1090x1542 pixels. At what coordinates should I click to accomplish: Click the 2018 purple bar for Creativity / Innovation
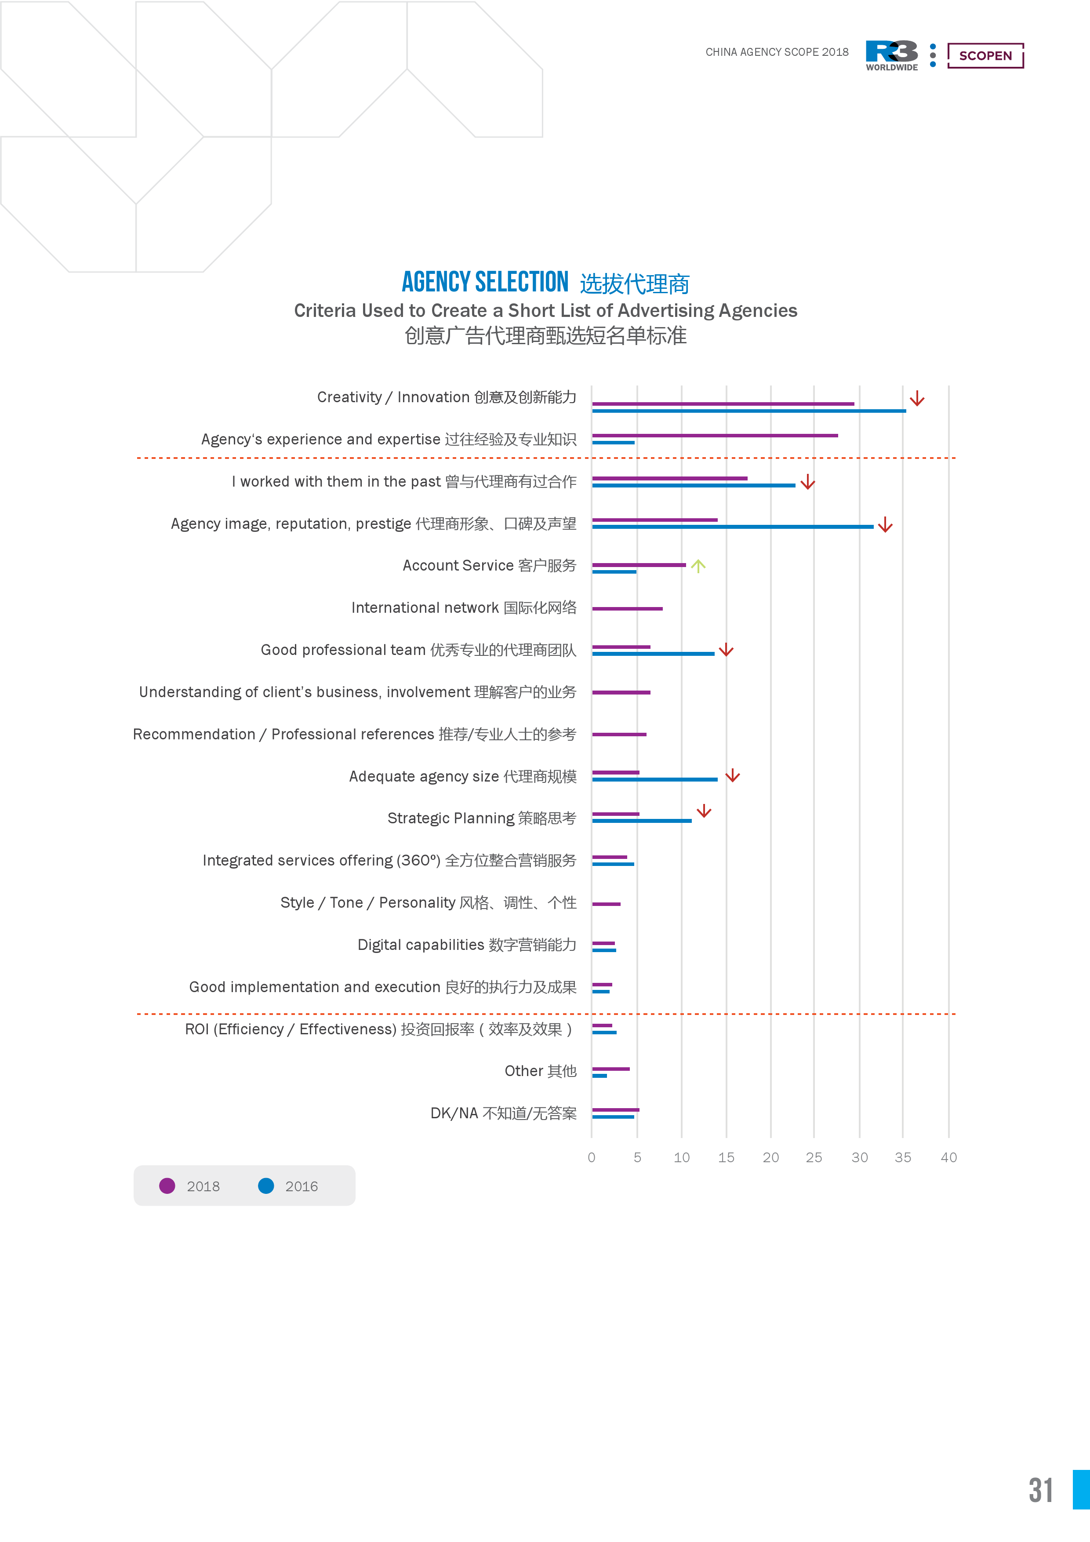tap(723, 404)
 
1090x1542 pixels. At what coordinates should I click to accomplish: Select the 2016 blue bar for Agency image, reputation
tap(732, 527)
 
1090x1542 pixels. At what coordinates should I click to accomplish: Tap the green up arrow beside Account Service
tap(698, 566)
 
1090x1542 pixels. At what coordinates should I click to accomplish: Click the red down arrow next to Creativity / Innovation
tap(917, 399)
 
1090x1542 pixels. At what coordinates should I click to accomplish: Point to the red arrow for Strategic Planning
tap(704, 811)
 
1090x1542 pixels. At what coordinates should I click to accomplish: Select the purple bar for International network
tap(627, 608)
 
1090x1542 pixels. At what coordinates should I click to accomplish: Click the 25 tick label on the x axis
tap(814, 1157)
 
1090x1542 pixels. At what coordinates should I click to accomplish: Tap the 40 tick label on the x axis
tap(948, 1157)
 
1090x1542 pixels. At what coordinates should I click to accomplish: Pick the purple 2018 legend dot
tap(167, 1186)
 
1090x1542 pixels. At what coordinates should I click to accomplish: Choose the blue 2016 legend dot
tap(266, 1186)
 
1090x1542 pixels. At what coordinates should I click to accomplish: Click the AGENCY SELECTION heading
tap(485, 282)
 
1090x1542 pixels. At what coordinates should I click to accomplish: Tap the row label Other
tap(540, 1071)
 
